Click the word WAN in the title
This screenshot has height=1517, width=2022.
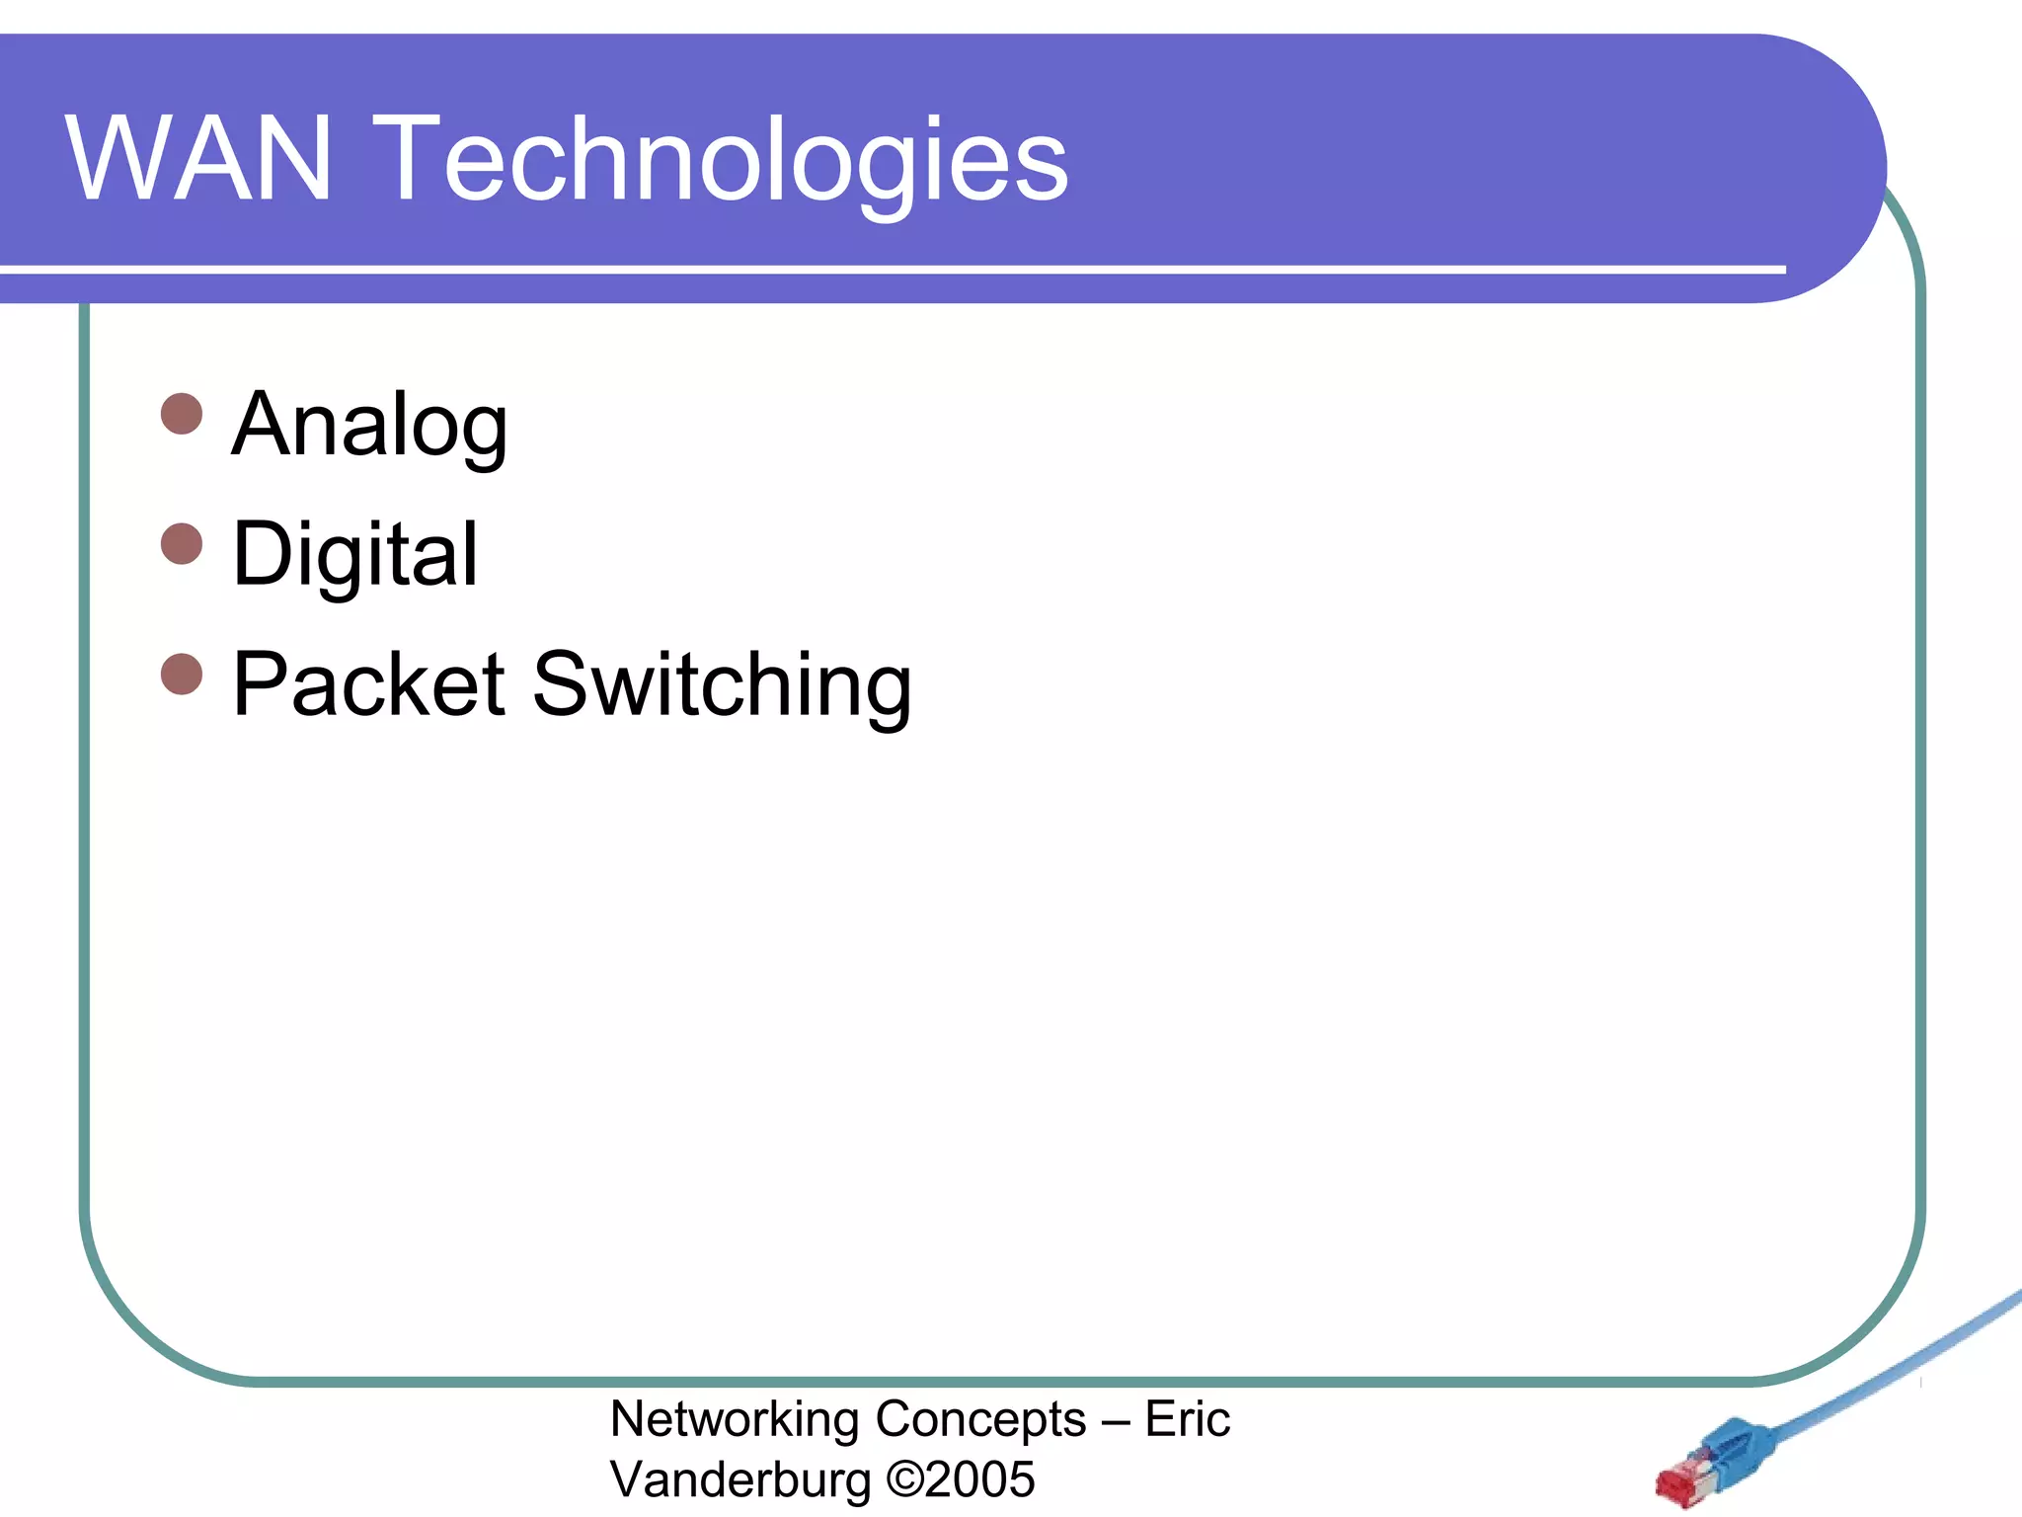[x=198, y=158]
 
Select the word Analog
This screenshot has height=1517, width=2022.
[x=369, y=425]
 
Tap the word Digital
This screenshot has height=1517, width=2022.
[x=355, y=555]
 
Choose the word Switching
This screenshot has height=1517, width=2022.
[x=722, y=685]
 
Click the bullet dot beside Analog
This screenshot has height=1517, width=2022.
[x=182, y=414]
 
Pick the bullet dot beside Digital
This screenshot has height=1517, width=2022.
[x=182, y=543]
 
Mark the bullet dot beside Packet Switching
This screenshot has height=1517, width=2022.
[x=182, y=674]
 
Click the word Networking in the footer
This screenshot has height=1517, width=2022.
[x=736, y=1420]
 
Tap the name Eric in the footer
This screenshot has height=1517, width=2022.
[x=1187, y=1419]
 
